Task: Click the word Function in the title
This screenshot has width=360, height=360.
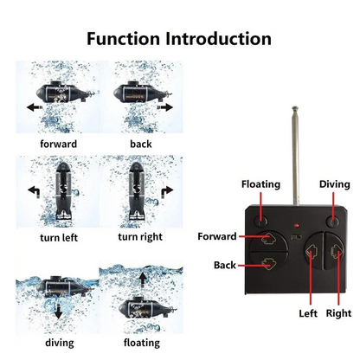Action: click(x=123, y=39)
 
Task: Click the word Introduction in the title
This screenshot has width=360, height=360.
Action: click(x=218, y=39)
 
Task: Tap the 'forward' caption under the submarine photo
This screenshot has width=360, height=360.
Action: click(x=59, y=144)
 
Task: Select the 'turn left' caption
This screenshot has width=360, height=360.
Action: click(x=59, y=238)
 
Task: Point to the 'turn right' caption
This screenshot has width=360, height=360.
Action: click(x=140, y=237)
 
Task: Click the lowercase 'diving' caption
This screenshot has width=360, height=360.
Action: click(x=60, y=343)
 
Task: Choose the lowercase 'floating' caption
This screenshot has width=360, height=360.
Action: click(x=142, y=343)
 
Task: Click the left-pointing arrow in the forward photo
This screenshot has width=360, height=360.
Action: click(x=35, y=107)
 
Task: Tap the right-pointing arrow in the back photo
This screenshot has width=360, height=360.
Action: click(x=165, y=107)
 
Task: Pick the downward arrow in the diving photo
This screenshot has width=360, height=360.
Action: click(x=59, y=311)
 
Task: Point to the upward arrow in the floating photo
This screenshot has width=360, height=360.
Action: click(x=142, y=279)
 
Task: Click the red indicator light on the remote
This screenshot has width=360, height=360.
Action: click(x=296, y=225)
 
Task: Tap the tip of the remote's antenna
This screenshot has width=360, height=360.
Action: click(x=295, y=108)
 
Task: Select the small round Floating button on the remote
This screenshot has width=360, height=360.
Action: click(x=261, y=222)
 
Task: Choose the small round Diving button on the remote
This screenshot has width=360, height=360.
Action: click(x=332, y=222)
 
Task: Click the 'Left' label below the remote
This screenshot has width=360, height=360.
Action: click(x=308, y=313)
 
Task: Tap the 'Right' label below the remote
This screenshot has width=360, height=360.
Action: click(x=338, y=313)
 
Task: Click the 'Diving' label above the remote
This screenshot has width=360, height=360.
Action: click(x=335, y=184)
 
